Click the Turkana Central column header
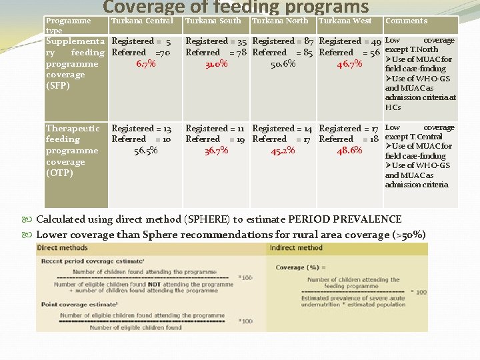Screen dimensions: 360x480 (x=142, y=21)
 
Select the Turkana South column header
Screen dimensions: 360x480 (x=213, y=21)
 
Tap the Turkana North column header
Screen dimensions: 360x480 (x=280, y=21)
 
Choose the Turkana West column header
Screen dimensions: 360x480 (x=345, y=21)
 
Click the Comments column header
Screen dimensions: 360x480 (x=407, y=21)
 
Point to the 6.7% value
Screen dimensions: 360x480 (x=145, y=64)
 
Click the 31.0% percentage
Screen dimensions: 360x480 (x=217, y=64)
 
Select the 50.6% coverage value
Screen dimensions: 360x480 (x=283, y=64)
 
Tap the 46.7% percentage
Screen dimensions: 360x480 (x=350, y=64)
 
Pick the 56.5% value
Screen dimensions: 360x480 (x=145, y=151)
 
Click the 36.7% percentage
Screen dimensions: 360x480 (x=217, y=151)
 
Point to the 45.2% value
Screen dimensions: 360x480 (x=283, y=151)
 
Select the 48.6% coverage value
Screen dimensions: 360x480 (x=350, y=151)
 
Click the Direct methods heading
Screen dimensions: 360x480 (x=63, y=247)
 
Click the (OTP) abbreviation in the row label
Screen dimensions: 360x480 (x=59, y=173)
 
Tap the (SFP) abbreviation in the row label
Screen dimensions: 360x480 (x=57, y=86)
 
